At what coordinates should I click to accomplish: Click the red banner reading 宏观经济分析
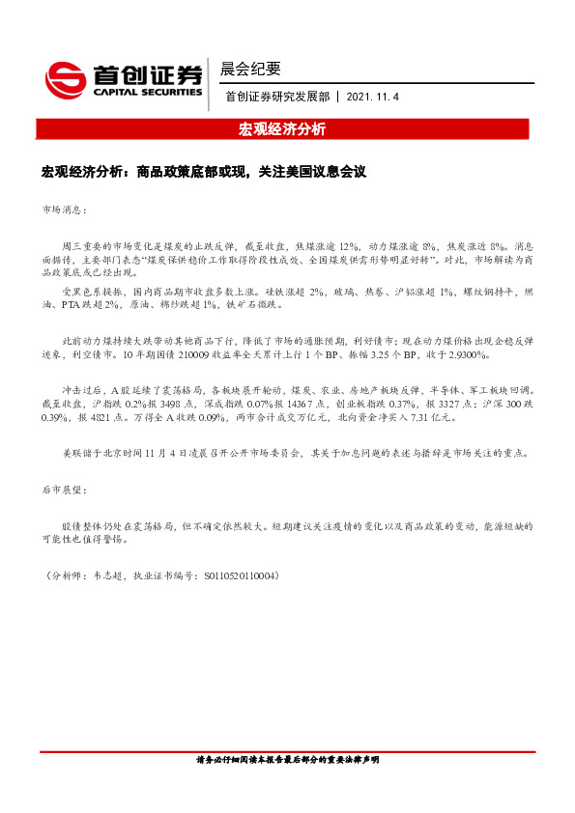[x=282, y=128]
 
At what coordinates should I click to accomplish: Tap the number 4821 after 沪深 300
[x=96, y=418]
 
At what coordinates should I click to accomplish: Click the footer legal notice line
[x=287, y=761]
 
